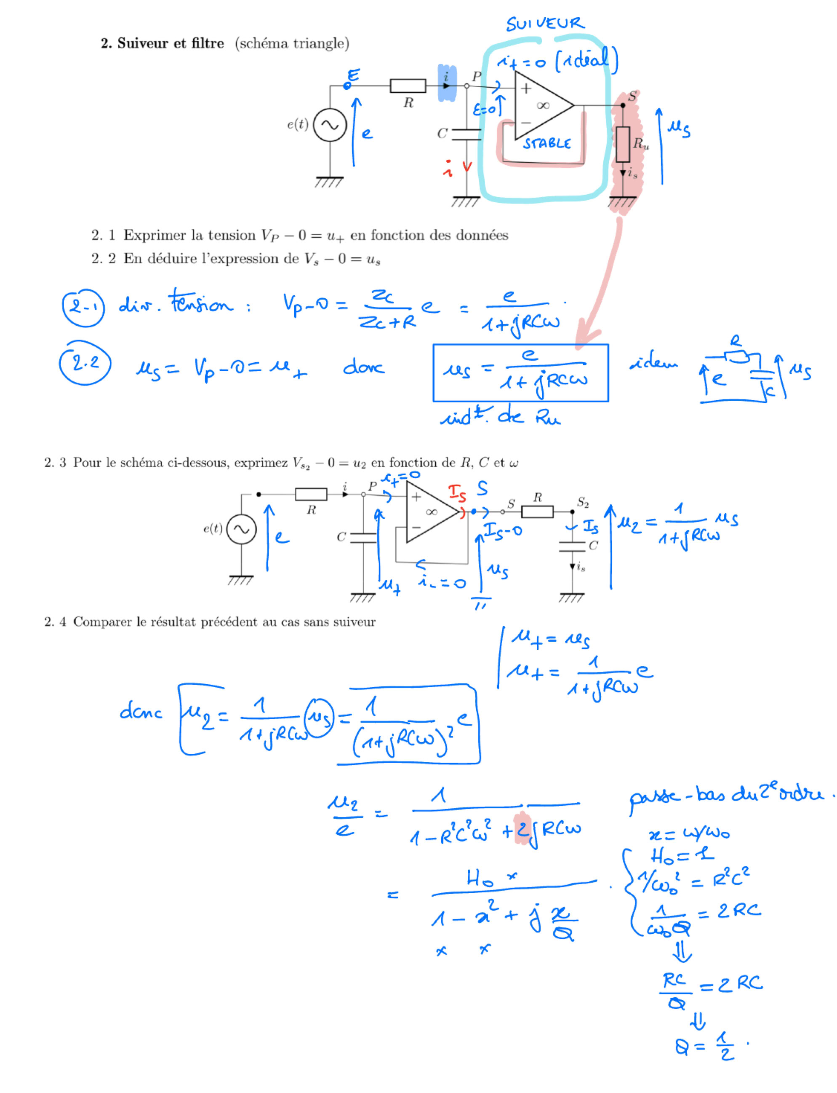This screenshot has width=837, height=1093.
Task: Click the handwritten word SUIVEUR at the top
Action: click(545, 24)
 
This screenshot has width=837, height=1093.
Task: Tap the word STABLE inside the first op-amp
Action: click(546, 144)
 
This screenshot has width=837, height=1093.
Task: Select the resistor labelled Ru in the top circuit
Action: click(623, 144)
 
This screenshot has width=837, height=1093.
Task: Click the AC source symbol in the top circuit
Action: click(330, 125)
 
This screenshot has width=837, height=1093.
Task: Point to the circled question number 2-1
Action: click(83, 307)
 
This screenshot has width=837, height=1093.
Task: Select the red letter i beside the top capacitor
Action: click(448, 169)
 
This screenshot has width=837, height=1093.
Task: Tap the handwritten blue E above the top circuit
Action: click(353, 75)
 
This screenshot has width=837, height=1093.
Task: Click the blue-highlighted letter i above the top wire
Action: click(446, 78)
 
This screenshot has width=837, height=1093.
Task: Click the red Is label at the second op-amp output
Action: click(457, 493)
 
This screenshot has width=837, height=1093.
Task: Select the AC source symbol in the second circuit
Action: click(242, 529)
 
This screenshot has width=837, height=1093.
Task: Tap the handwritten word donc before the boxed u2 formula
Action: click(141, 712)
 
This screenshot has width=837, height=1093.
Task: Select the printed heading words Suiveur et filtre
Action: click(171, 43)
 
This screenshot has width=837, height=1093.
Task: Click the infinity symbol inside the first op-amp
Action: click(543, 105)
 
